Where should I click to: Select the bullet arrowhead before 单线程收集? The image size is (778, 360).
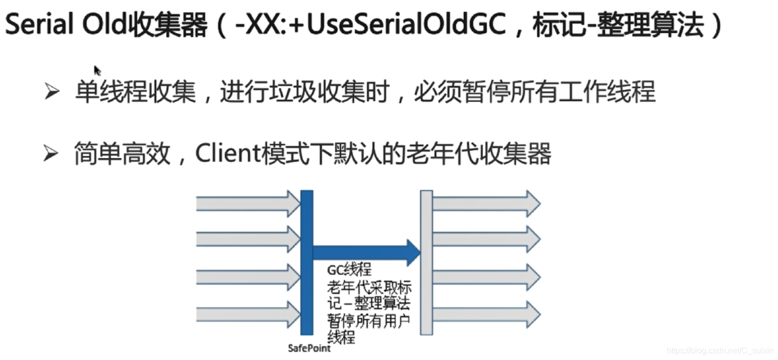pyautogui.click(x=52, y=93)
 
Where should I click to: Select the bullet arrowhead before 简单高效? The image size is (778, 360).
pyautogui.click(x=52, y=154)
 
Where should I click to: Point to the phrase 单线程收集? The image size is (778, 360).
pyautogui.click(x=135, y=93)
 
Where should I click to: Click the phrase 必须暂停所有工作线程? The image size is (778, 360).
pyautogui.click(x=535, y=93)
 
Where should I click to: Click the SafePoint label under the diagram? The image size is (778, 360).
pyautogui.click(x=309, y=348)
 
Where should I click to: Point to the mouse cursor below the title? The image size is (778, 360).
pyautogui.click(x=97, y=70)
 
